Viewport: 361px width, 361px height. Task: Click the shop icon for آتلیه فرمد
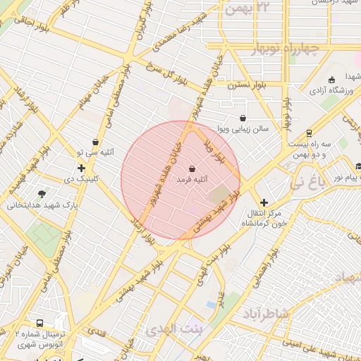tap(192, 169)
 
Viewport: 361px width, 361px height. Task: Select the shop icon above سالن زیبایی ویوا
tap(243, 118)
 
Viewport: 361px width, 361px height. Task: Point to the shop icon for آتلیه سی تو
tap(95, 142)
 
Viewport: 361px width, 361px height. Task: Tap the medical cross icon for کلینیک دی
tap(82, 168)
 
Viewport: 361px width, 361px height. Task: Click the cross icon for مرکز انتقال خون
tap(264, 202)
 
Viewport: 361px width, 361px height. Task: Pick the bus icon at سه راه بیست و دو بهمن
tap(309, 133)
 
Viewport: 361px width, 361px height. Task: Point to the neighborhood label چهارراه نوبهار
tap(285, 49)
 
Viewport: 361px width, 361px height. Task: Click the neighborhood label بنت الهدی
tap(173, 329)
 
